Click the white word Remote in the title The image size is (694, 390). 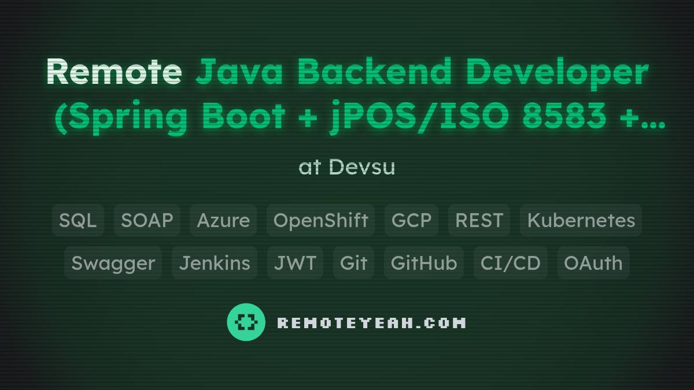pos(113,72)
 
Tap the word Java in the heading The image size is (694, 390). pos(239,72)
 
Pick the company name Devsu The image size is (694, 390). pos(362,167)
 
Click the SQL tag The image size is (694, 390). pos(78,220)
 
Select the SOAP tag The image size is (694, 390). pos(147,220)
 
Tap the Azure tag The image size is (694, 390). pos(223,220)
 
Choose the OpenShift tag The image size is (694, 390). pos(320,220)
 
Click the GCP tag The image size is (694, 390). pos(411,220)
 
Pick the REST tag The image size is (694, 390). pos(479,220)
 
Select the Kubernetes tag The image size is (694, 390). pos(581,220)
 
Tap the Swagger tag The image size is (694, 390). pos(113,263)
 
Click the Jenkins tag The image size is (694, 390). pos(215,263)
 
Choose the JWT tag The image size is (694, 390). pos(295,263)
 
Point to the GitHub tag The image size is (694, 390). pos(424,263)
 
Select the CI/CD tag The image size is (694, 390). pos(510,263)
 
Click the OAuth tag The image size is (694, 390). pos(593,263)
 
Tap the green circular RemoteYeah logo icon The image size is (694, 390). pos(246,322)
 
